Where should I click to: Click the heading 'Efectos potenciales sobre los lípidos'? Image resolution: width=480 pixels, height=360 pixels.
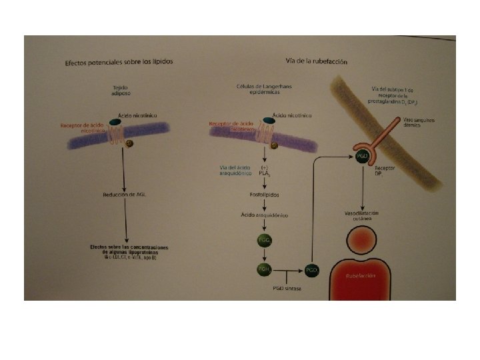coord(119,62)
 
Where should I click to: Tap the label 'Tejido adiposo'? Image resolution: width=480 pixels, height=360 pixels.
coord(121,91)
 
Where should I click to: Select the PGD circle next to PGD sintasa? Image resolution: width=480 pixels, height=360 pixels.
coord(311,270)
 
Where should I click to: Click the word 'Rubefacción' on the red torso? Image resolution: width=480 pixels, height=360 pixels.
coord(361,275)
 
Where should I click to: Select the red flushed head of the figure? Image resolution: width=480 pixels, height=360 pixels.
coord(361,241)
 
